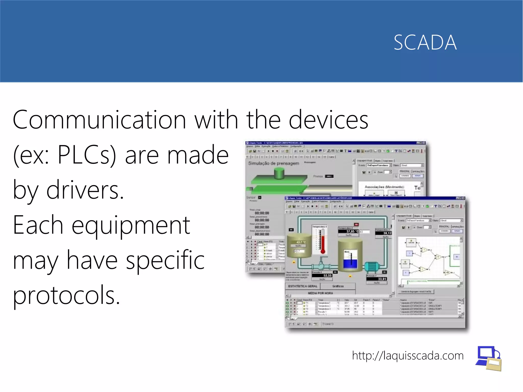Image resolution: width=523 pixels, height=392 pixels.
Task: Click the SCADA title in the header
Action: (x=425, y=42)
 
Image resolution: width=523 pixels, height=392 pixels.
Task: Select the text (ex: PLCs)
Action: (x=64, y=155)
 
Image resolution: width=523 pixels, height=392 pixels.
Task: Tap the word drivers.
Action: (x=85, y=190)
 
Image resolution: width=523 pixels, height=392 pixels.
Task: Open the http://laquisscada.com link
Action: (x=408, y=355)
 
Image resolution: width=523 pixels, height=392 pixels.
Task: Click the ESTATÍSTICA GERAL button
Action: (x=303, y=286)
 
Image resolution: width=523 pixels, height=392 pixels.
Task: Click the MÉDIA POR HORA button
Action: (x=320, y=293)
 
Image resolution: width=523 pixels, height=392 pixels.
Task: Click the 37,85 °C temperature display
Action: (x=349, y=231)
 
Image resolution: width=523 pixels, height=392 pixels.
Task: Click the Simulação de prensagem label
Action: (x=274, y=163)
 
